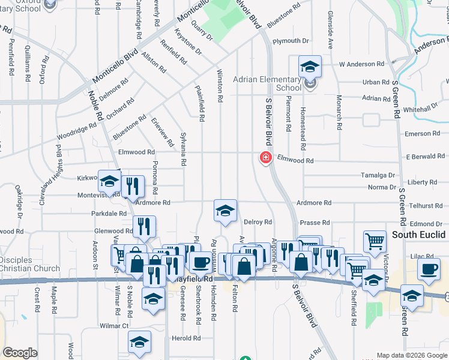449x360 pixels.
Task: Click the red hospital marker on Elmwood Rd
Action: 265,158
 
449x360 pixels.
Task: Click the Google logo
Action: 20,353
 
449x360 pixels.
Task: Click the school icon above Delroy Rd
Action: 225,211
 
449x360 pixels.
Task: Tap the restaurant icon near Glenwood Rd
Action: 144,226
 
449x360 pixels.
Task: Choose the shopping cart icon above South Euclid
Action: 375,241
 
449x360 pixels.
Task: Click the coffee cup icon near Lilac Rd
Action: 429,269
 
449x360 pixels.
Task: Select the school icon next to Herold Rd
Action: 139,343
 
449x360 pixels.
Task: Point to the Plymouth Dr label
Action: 290,41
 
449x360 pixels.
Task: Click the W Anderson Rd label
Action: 361,64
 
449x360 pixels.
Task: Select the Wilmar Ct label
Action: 114,326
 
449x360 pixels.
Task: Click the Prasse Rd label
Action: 315,223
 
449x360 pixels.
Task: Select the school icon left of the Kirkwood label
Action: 109,181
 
